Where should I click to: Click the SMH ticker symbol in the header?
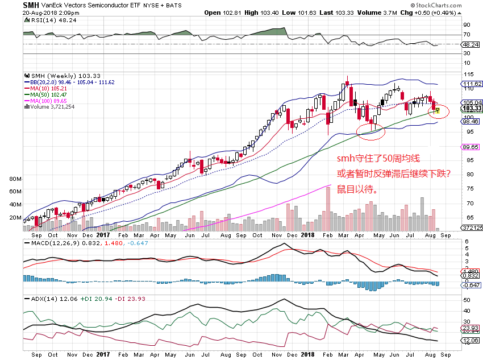click(31, 5)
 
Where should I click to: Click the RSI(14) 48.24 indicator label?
click(45, 20)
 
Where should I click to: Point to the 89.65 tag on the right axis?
click(471, 147)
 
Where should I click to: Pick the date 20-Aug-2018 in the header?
click(43, 11)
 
